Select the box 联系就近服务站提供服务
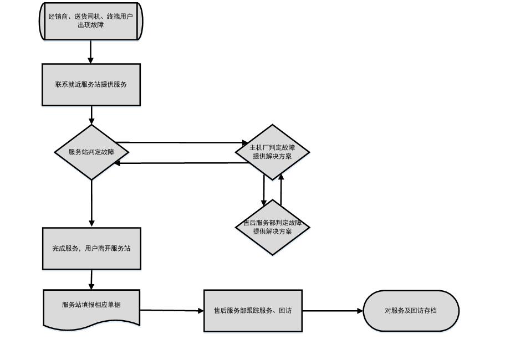(91, 84)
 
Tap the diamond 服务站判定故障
(91, 152)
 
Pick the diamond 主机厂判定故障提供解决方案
(272, 152)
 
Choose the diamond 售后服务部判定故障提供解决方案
(272, 227)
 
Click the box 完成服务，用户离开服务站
(91, 248)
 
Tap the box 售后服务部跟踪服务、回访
(253, 311)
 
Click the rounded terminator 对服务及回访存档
(411, 311)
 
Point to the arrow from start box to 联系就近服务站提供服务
(91, 52)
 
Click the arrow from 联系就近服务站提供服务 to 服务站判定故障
(91, 115)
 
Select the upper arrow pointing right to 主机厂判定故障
(177, 143)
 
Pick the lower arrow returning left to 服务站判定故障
(177, 163)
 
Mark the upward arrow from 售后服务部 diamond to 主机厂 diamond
(281, 190)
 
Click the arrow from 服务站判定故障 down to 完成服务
(91, 203)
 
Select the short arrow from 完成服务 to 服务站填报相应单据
(91, 279)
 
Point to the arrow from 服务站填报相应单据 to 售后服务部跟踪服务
(172, 311)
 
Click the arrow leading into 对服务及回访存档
(333, 311)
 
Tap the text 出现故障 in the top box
(91, 25)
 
